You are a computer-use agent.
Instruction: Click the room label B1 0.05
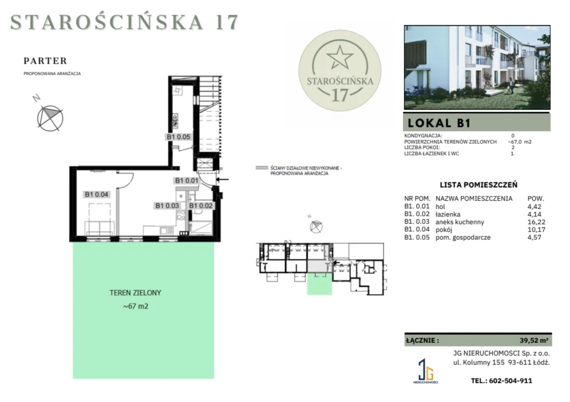[178, 137]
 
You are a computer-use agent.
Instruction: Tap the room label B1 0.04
[96, 194]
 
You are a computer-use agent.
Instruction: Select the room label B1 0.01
[187, 181]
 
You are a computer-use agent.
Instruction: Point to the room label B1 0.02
[201, 206]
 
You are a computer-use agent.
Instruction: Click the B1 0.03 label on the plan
[167, 206]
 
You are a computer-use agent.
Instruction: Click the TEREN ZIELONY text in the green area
[135, 293]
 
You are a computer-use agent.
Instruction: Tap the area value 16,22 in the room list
[536, 222]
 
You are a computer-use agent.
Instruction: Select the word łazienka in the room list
[448, 214]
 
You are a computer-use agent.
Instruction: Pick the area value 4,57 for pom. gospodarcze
[534, 237]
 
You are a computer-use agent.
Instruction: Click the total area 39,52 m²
[534, 340]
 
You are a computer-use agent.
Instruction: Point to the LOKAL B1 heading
[439, 123]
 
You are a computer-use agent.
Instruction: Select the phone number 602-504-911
[511, 381]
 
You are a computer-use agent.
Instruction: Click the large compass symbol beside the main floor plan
[50, 118]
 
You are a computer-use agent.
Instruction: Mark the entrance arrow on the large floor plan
[222, 180]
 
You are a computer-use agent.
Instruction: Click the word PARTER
[45, 61]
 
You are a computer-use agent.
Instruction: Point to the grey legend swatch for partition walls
[262, 168]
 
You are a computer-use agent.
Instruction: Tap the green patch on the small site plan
[319, 284]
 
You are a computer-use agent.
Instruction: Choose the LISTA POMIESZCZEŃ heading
[479, 185]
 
